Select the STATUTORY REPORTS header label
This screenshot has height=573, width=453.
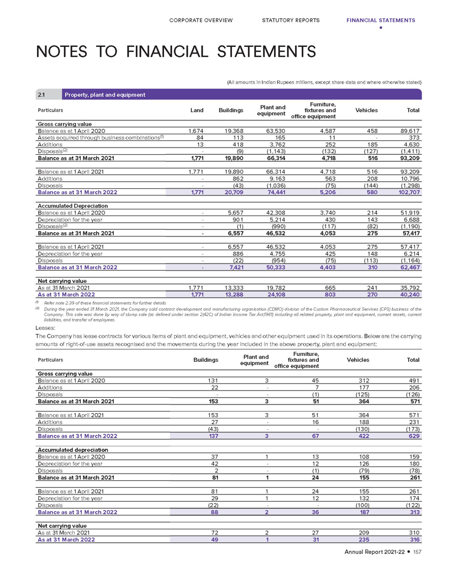[291, 20]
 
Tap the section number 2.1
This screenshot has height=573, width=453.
[41, 95]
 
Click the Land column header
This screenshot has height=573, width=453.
[197, 111]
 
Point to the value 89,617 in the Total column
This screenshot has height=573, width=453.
[410, 131]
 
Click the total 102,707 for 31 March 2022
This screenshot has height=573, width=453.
[409, 192]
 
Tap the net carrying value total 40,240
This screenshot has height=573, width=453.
[410, 295]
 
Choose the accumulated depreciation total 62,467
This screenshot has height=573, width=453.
[410, 267]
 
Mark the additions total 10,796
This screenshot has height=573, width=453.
[410, 179]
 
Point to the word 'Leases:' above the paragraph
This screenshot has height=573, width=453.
[46, 328]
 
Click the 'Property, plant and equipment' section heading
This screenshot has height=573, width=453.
[106, 95]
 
